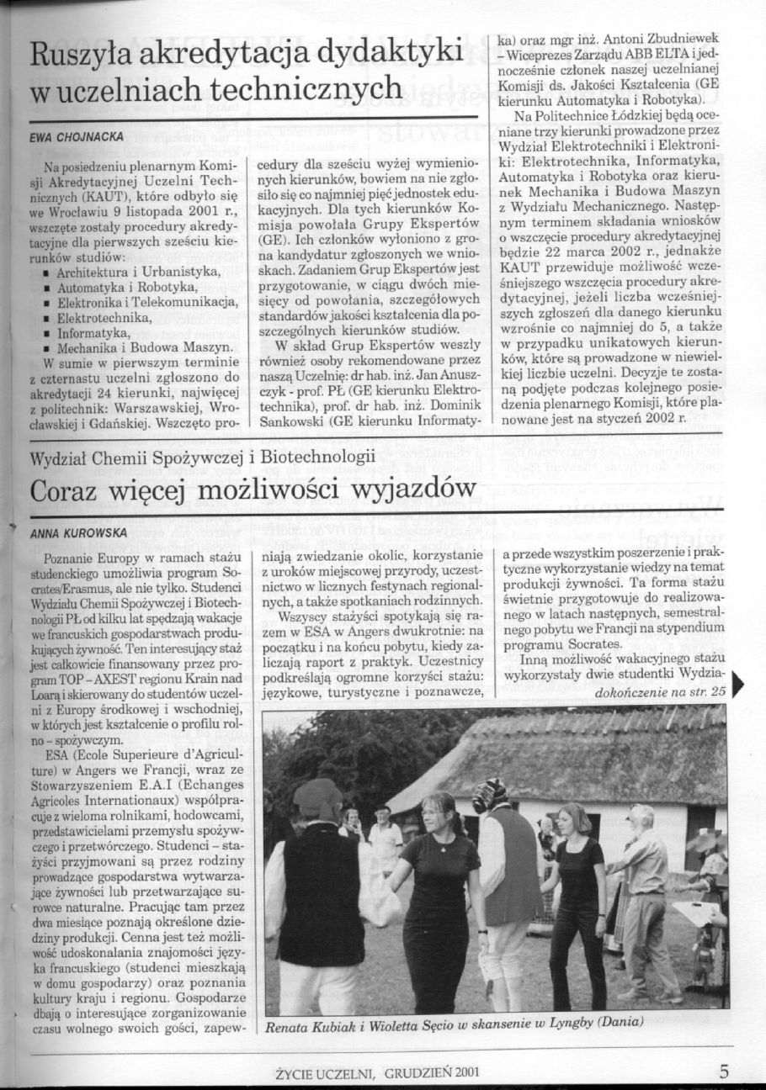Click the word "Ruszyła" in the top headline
81,56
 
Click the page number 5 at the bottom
725,1071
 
